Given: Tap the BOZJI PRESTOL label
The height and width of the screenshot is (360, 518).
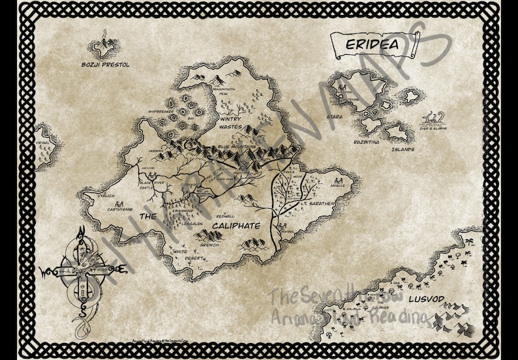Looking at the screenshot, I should coord(105,65).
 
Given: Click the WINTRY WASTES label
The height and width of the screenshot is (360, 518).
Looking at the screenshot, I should coord(230,123).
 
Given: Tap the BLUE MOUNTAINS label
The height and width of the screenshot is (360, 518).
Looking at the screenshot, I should coord(237,147).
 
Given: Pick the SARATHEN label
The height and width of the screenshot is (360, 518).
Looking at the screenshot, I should coord(322,203).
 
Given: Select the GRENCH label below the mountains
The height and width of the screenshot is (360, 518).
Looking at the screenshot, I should coord(209,245).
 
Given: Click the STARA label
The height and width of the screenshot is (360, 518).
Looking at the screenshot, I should coord(335,117).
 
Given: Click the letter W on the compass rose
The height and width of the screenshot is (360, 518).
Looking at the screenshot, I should coord(46,269).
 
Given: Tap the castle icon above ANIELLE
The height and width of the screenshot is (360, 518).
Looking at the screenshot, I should coord(337,180).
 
